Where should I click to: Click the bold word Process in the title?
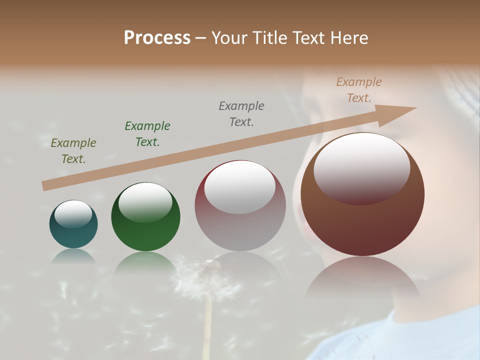click(157, 38)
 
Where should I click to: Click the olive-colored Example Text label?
click(73, 151)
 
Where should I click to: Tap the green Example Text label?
click(147, 134)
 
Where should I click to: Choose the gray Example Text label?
click(241, 113)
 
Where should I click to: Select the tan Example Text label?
click(359, 90)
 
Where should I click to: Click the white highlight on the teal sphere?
click(73, 214)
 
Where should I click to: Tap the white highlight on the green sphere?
click(145, 202)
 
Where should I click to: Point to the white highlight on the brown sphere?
click(361, 167)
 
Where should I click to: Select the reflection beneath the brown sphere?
click(362, 280)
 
